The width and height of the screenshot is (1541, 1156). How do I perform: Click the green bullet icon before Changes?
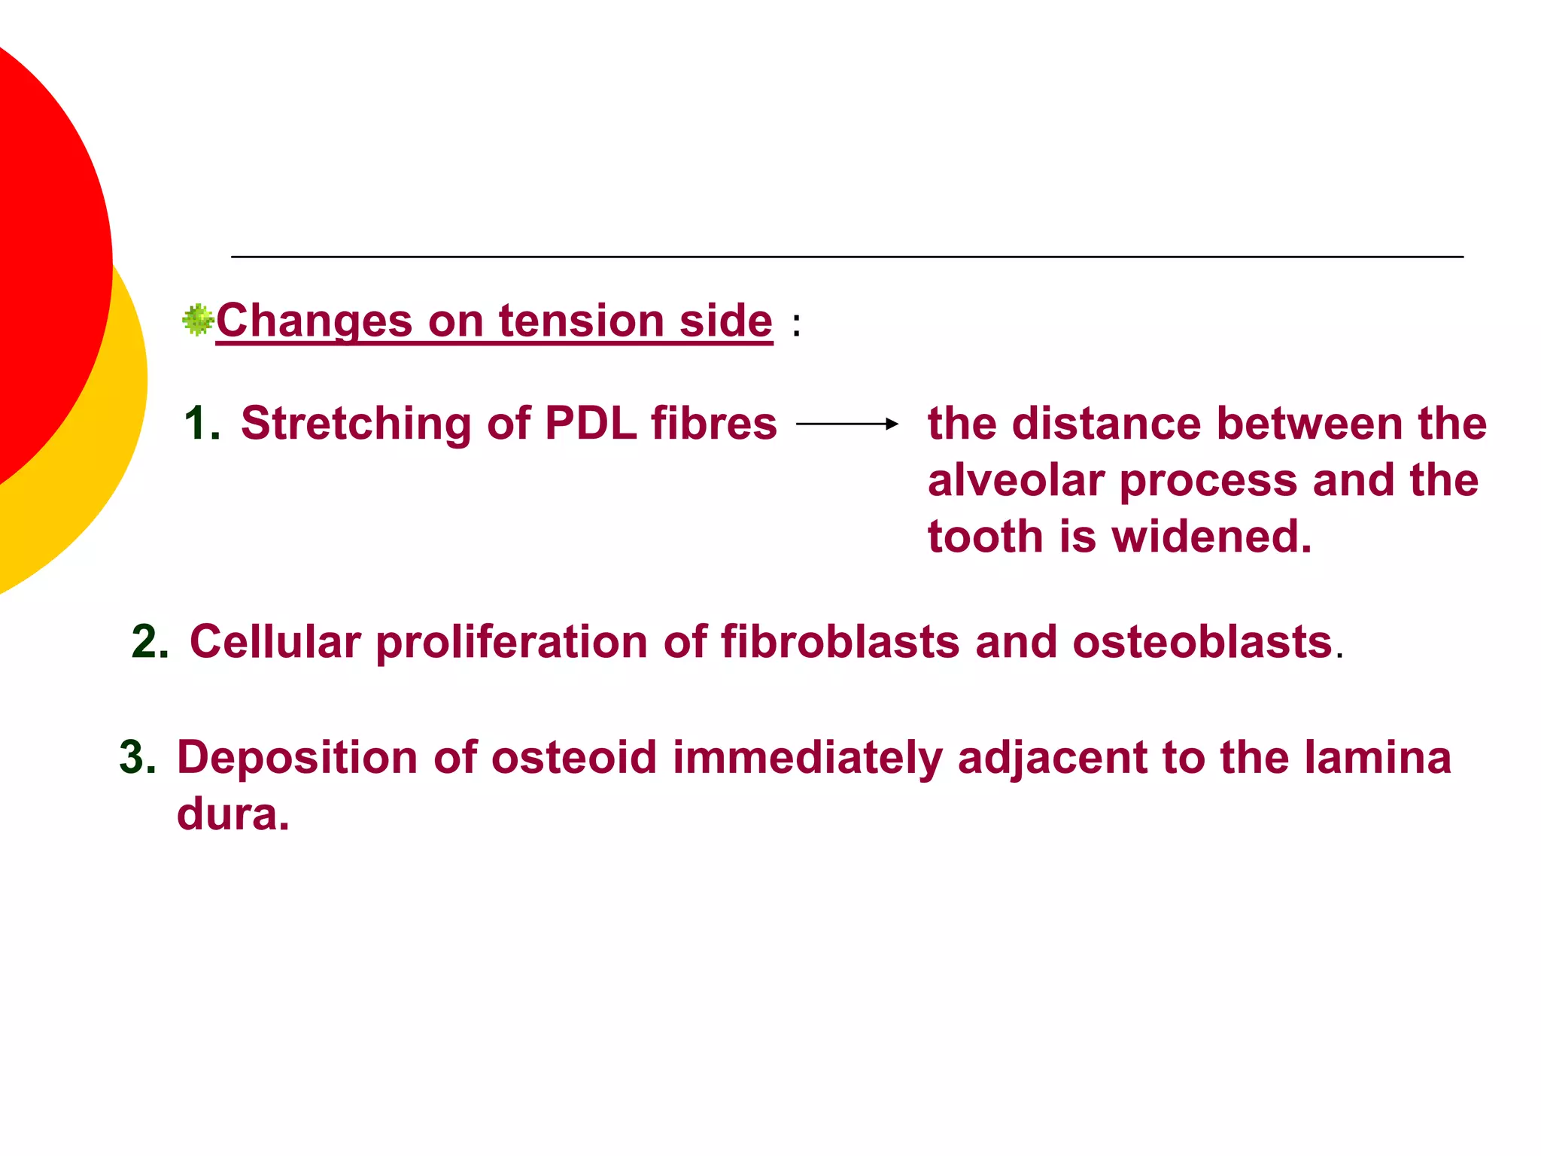[198, 320]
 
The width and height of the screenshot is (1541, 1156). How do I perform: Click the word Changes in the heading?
[314, 321]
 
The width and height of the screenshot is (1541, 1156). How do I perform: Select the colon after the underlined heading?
[796, 325]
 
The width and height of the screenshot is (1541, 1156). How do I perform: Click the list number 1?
[201, 424]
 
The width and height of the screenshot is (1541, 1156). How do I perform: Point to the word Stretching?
[355, 424]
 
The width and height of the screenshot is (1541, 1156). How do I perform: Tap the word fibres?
[713, 424]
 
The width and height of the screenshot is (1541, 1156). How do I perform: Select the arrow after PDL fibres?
[847, 424]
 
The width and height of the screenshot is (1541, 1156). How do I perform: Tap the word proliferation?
[512, 643]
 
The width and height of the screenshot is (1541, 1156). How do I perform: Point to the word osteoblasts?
[1202, 643]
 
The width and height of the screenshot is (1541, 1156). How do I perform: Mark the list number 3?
[137, 758]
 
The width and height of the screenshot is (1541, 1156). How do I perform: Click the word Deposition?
[296, 758]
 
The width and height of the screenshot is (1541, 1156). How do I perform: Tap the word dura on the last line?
[233, 814]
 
